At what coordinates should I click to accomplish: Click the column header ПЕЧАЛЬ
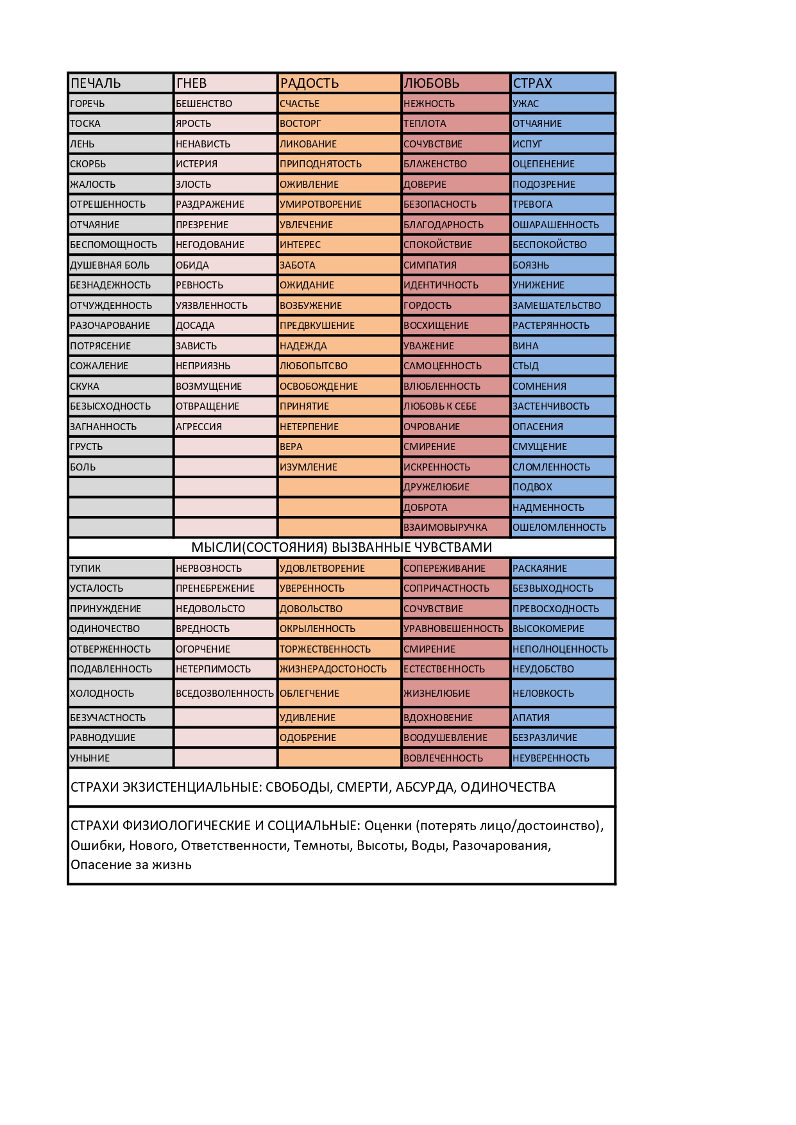click(x=96, y=83)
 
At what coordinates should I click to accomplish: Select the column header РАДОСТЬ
click(x=309, y=83)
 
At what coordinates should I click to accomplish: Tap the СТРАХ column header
click(x=532, y=83)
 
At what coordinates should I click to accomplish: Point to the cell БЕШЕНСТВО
click(x=204, y=104)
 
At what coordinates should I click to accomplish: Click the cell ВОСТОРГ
click(x=300, y=124)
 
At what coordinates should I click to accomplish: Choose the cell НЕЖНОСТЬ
click(x=429, y=104)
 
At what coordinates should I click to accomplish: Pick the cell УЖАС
click(x=526, y=104)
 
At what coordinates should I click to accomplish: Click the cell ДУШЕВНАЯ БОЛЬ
click(x=110, y=265)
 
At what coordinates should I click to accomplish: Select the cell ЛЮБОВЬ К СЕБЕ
click(x=440, y=406)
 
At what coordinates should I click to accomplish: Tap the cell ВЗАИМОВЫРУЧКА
click(x=445, y=528)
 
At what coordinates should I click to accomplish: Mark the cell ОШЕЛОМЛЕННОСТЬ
click(x=559, y=528)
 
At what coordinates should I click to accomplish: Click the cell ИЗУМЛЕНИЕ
click(x=309, y=467)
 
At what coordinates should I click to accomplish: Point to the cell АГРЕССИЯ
click(x=199, y=427)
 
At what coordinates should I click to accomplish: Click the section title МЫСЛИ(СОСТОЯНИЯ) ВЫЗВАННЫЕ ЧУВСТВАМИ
click(x=341, y=547)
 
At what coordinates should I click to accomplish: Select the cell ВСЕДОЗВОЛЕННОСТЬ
click(x=224, y=694)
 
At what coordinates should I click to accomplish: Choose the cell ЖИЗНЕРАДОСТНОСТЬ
click(x=334, y=669)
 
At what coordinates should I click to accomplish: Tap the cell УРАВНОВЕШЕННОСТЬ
click(x=453, y=629)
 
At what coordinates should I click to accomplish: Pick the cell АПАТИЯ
click(x=531, y=718)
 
